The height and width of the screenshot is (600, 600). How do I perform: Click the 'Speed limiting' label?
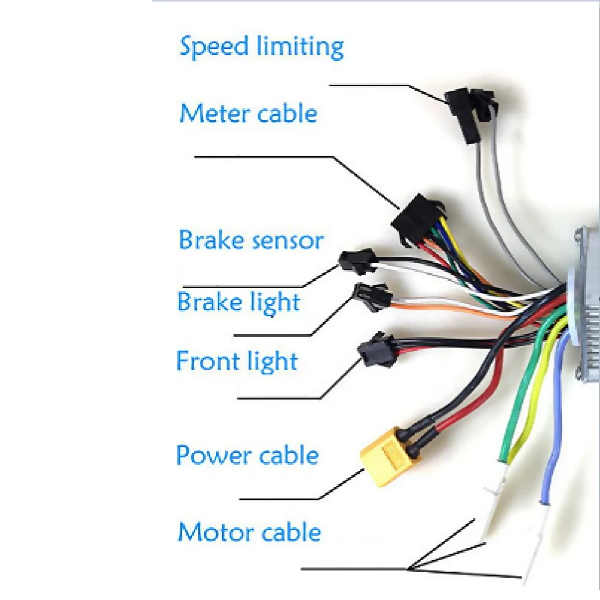[262, 47]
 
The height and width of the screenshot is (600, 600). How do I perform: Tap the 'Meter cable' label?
[248, 113]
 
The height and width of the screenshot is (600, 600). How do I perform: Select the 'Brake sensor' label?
[251, 240]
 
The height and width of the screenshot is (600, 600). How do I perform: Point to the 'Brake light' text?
[239, 302]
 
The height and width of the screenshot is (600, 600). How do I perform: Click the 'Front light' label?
[237, 361]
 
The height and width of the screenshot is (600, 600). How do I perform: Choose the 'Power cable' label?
[247, 456]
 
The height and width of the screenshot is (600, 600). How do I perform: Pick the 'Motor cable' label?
[249, 532]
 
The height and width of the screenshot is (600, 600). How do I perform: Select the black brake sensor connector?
[357, 262]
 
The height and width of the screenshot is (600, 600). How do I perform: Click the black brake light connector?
[372, 297]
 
